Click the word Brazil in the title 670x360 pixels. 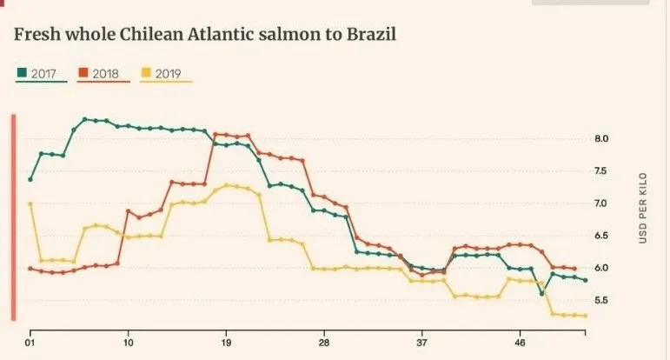pos(368,35)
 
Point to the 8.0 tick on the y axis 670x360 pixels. pos(602,139)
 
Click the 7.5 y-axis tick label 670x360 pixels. pos(602,171)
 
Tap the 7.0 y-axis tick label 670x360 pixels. pos(602,203)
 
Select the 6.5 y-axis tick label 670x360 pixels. pos(602,236)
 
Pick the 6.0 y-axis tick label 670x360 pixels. pos(602,268)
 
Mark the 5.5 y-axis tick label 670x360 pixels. pos(602,300)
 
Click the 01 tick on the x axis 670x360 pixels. pos(30,343)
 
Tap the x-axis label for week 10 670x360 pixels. pos(129,343)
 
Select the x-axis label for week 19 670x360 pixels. pos(227,343)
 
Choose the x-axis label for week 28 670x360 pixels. pos(324,343)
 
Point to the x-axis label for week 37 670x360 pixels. pos(422,343)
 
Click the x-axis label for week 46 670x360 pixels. pos(521,343)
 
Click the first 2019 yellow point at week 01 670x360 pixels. pos(30,204)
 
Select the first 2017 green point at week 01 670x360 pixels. pos(30,179)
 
